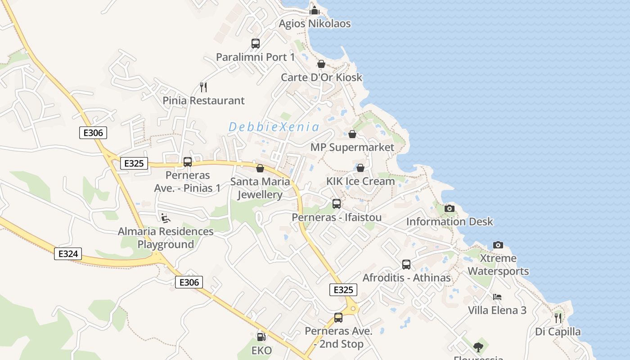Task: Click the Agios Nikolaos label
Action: click(315, 23)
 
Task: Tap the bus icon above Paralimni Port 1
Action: click(256, 44)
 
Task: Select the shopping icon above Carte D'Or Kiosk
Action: click(321, 64)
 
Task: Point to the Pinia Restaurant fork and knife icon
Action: click(203, 87)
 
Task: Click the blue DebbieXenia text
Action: click(274, 127)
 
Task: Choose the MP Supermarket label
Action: click(352, 147)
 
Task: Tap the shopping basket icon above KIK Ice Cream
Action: click(360, 168)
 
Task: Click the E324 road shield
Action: click(68, 254)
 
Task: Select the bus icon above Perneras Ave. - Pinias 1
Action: click(188, 162)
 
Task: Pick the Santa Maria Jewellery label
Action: click(260, 188)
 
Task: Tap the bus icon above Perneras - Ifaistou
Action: click(337, 204)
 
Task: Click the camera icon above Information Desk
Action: click(450, 208)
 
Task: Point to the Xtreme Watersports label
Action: click(498, 265)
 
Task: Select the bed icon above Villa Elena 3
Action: click(497, 297)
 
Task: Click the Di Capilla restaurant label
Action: click(558, 332)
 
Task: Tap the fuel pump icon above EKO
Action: click(261, 337)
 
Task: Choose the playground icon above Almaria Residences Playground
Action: click(166, 218)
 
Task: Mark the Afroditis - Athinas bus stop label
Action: click(407, 278)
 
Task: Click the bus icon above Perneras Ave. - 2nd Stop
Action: click(338, 318)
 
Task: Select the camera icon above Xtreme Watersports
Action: click(498, 245)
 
